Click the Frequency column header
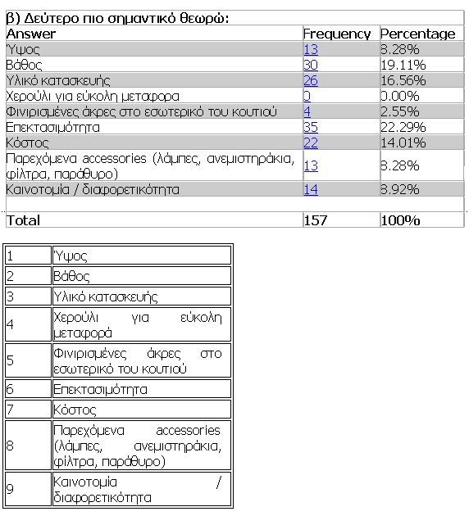(336, 34)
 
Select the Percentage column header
(417, 34)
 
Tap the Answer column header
(30, 34)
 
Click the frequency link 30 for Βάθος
(310, 65)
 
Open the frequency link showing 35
(310, 127)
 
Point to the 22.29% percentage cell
(402, 127)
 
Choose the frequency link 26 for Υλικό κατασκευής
(310, 80)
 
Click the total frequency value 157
(316, 220)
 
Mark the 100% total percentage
(400, 220)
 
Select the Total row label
(23, 220)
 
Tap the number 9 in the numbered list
(11, 491)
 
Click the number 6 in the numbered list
(11, 389)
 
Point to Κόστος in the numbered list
(71, 408)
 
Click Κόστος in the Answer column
(24, 143)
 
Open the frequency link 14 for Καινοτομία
(310, 189)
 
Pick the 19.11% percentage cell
(402, 65)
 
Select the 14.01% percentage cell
(402, 143)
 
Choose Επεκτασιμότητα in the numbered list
(99, 389)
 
